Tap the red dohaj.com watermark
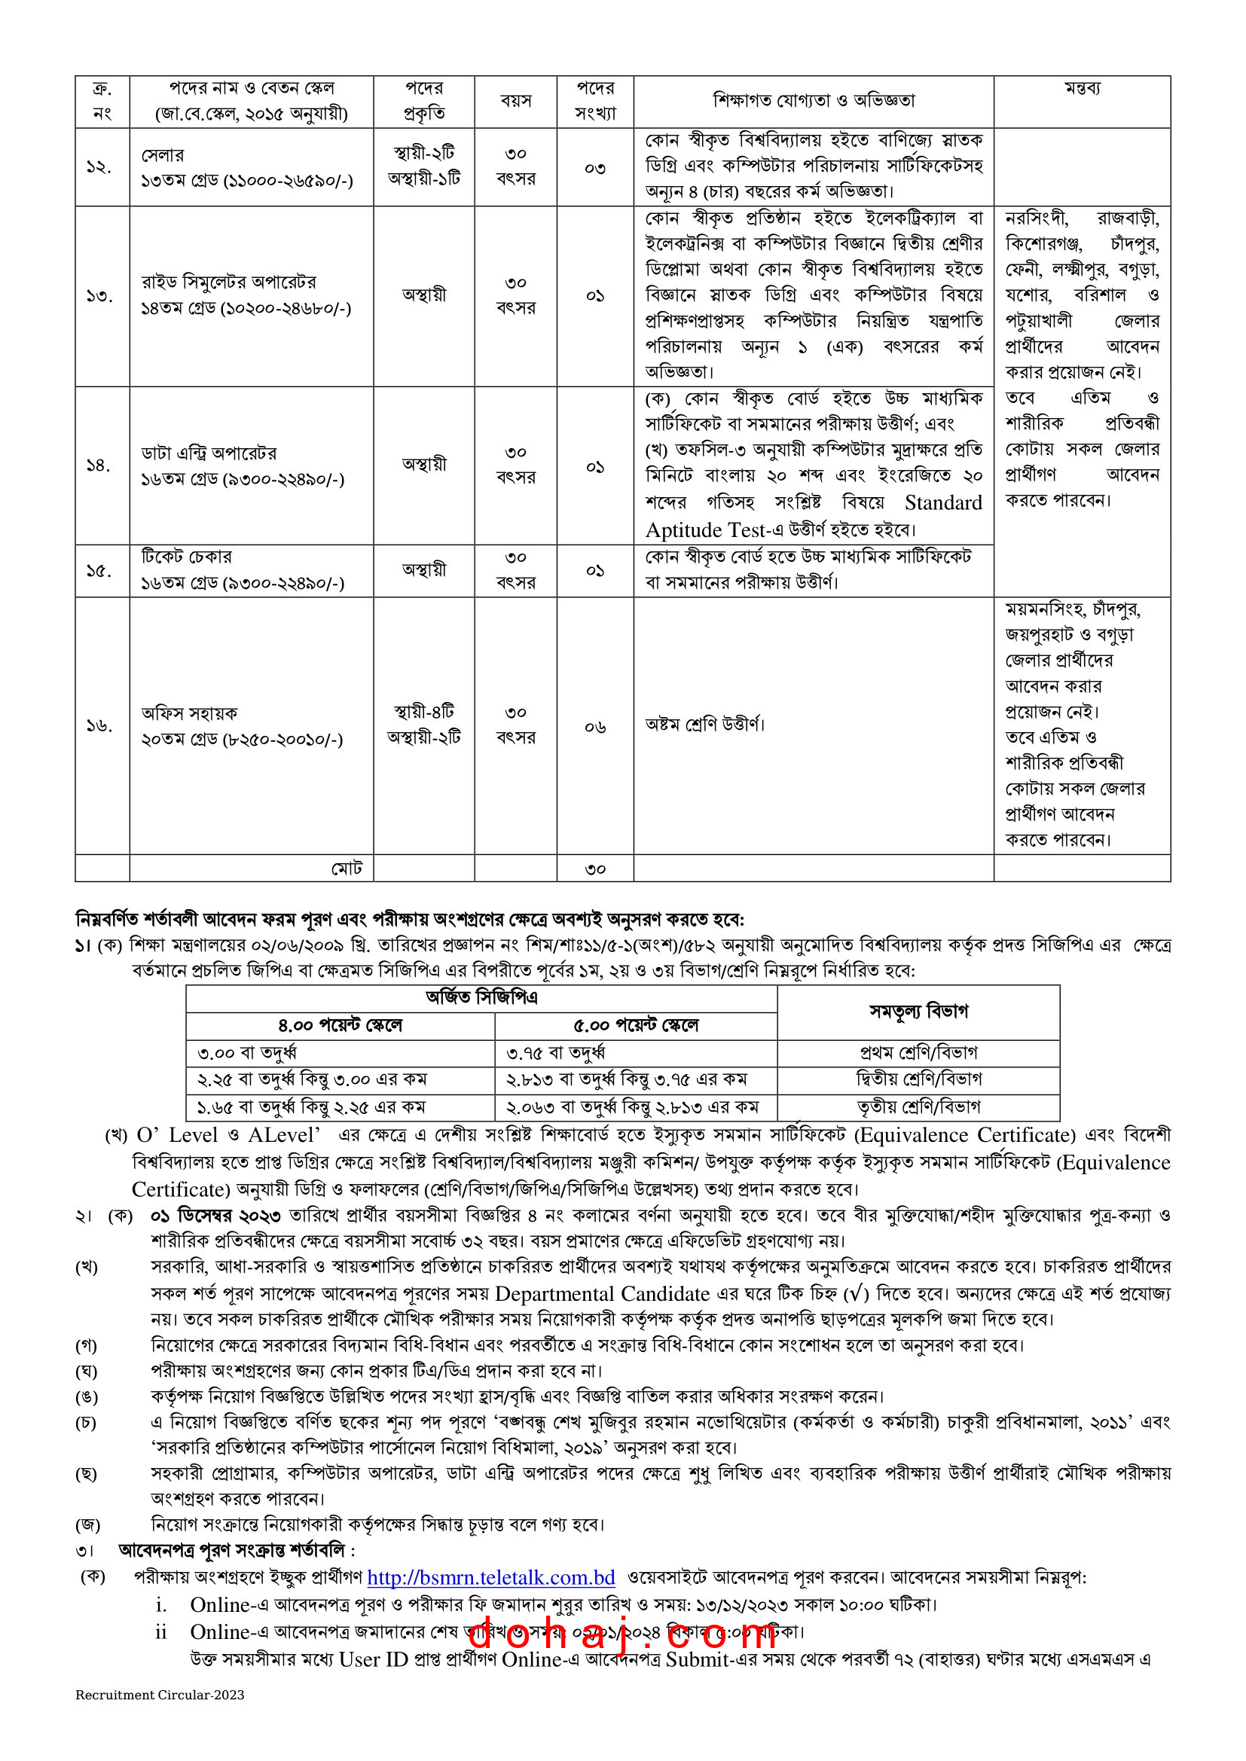click(x=621, y=1633)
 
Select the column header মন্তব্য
click(x=1082, y=88)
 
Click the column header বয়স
click(x=515, y=100)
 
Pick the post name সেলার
click(x=163, y=155)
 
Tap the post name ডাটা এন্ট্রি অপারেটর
click(x=209, y=453)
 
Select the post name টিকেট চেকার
click(x=186, y=557)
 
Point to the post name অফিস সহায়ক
click(x=190, y=713)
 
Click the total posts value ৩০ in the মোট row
click(x=594, y=869)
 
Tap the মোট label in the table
click(x=347, y=868)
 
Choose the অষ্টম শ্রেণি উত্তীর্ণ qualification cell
click(x=705, y=724)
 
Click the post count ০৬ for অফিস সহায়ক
click(x=594, y=726)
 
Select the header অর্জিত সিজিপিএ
click(x=482, y=997)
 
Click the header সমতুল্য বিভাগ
click(x=918, y=1011)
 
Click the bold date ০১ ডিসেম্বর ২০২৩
click(x=215, y=1216)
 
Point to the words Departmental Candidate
click(x=603, y=1294)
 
